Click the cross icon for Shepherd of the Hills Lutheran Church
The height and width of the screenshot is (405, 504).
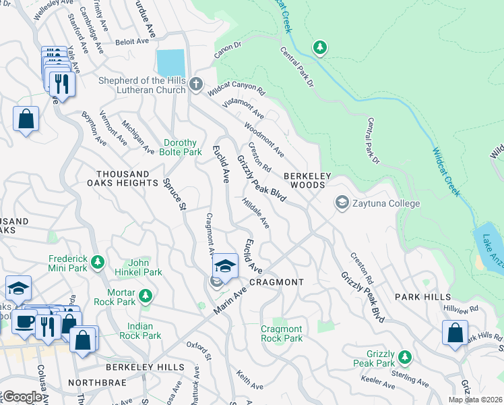(195, 84)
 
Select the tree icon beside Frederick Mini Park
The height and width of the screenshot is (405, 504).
(98, 261)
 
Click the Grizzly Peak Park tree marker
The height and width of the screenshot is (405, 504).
(404, 356)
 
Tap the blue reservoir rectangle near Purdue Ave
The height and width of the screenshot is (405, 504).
(170, 63)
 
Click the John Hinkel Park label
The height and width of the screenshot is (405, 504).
(146, 267)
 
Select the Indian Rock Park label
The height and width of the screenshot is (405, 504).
(139, 331)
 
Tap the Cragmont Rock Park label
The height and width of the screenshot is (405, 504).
(282, 333)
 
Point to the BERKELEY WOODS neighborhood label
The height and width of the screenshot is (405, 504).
(307, 176)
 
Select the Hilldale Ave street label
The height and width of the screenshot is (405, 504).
(256, 213)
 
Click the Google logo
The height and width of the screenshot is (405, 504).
(22, 397)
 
